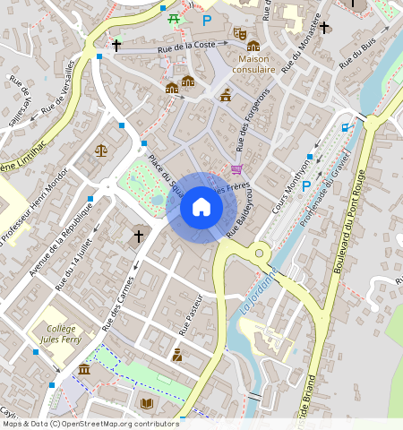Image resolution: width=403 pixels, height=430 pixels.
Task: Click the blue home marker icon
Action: click(201, 208)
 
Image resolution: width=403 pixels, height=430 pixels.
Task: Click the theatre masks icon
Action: click(239, 33)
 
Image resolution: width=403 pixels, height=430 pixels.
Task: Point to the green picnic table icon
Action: click(174, 19)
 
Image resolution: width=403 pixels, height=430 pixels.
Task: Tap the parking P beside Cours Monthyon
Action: click(306, 186)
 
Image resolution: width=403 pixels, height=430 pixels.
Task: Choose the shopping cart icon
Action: click(236, 168)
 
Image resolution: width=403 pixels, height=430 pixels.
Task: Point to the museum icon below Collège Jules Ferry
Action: click(84, 370)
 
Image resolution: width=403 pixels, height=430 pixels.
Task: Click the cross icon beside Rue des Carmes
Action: click(138, 236)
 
